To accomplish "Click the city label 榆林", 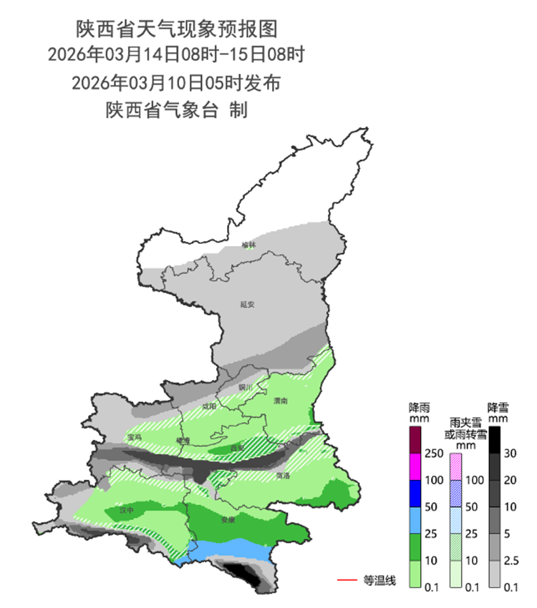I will pyautogui.click(x=248, y=245).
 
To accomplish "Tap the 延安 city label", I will pyautogui.click(x=247, y=304).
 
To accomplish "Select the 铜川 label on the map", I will pyautogui.click(x=246, y=387).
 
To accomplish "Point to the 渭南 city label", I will pyautogui.click(x=280, y=401).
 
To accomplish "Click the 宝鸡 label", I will pyautogui.click(x=134, y=437).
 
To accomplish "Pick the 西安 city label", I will pyautogui.click(x=237, y=448).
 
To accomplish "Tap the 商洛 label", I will pyautogui.click(x=283, y=475).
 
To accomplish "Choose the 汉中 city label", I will pyautogui.click(x=127, y=511).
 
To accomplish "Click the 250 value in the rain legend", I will pyautogui.click(x=432, y=453).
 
